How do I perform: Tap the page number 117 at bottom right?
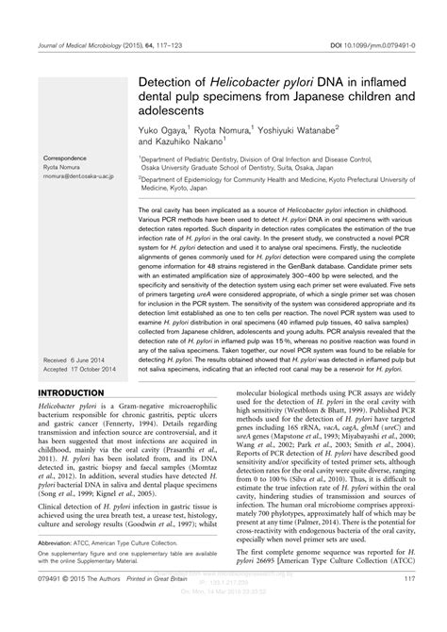point(409,606)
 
